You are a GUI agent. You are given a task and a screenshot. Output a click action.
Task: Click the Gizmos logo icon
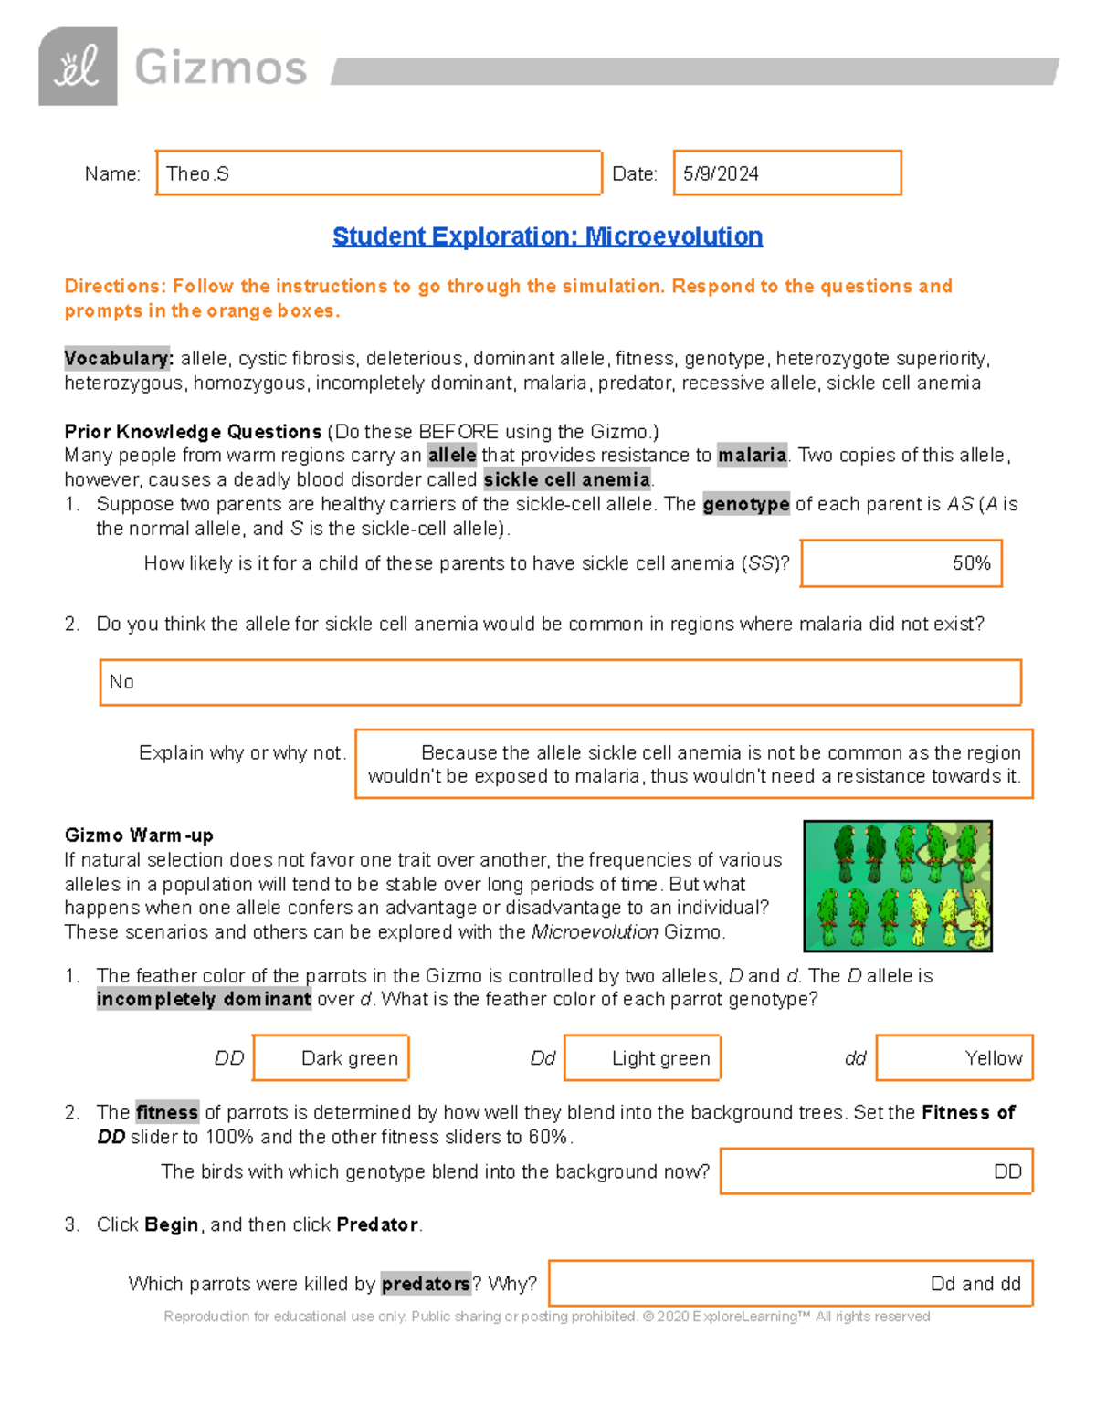pyautogui.click(x=78, y=67)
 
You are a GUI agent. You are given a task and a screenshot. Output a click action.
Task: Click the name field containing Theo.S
pyautogui.click(x=378, y=173)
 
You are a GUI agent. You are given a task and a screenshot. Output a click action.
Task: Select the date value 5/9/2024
pyautogui.click(x=721, y=173)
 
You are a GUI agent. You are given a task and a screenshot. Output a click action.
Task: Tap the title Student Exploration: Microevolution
pyautogui.click(x=547, y=236)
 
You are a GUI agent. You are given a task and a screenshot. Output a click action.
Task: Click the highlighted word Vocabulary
pyautogui.click(x=118, y=358)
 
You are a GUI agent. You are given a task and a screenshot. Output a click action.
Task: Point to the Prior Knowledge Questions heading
pyautogui.click(x=193, y=431)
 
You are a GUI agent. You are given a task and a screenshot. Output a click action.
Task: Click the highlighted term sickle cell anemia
pyautogui.click(x=566, y=479)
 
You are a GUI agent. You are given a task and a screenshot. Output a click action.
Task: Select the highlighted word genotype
pyautogui.click(x=745, y=504)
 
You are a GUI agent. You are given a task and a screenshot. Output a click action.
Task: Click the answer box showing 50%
pyautogui.click(x=901, y=563)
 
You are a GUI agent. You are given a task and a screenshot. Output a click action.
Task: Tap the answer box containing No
pyautogui.click(x=560, y=682)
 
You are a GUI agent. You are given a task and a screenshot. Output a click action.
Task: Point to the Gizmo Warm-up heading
pyautogui.click(x=139, y=835)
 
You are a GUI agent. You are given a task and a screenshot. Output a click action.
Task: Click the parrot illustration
pyautogui.click(x=897, y=886)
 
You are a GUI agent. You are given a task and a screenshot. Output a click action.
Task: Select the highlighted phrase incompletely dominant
pyautogui.click(x=204, y=999)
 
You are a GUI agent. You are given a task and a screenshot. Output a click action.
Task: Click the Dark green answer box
pyautogui.click(x=331, y=1057)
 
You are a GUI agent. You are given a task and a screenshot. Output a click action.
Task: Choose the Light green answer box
pyautogui.click(x=642, y=1057)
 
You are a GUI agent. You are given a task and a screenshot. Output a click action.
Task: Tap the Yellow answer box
pyautogui.click(x=954, y=1057)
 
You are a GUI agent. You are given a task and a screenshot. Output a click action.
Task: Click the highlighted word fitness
pyautogui.click(x=166, y=1112)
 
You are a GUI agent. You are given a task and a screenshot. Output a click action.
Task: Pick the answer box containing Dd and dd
pyautogui.click(x=790, y=1283)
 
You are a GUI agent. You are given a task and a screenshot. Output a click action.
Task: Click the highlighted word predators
pyautogui.click(x=425, y=1283)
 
